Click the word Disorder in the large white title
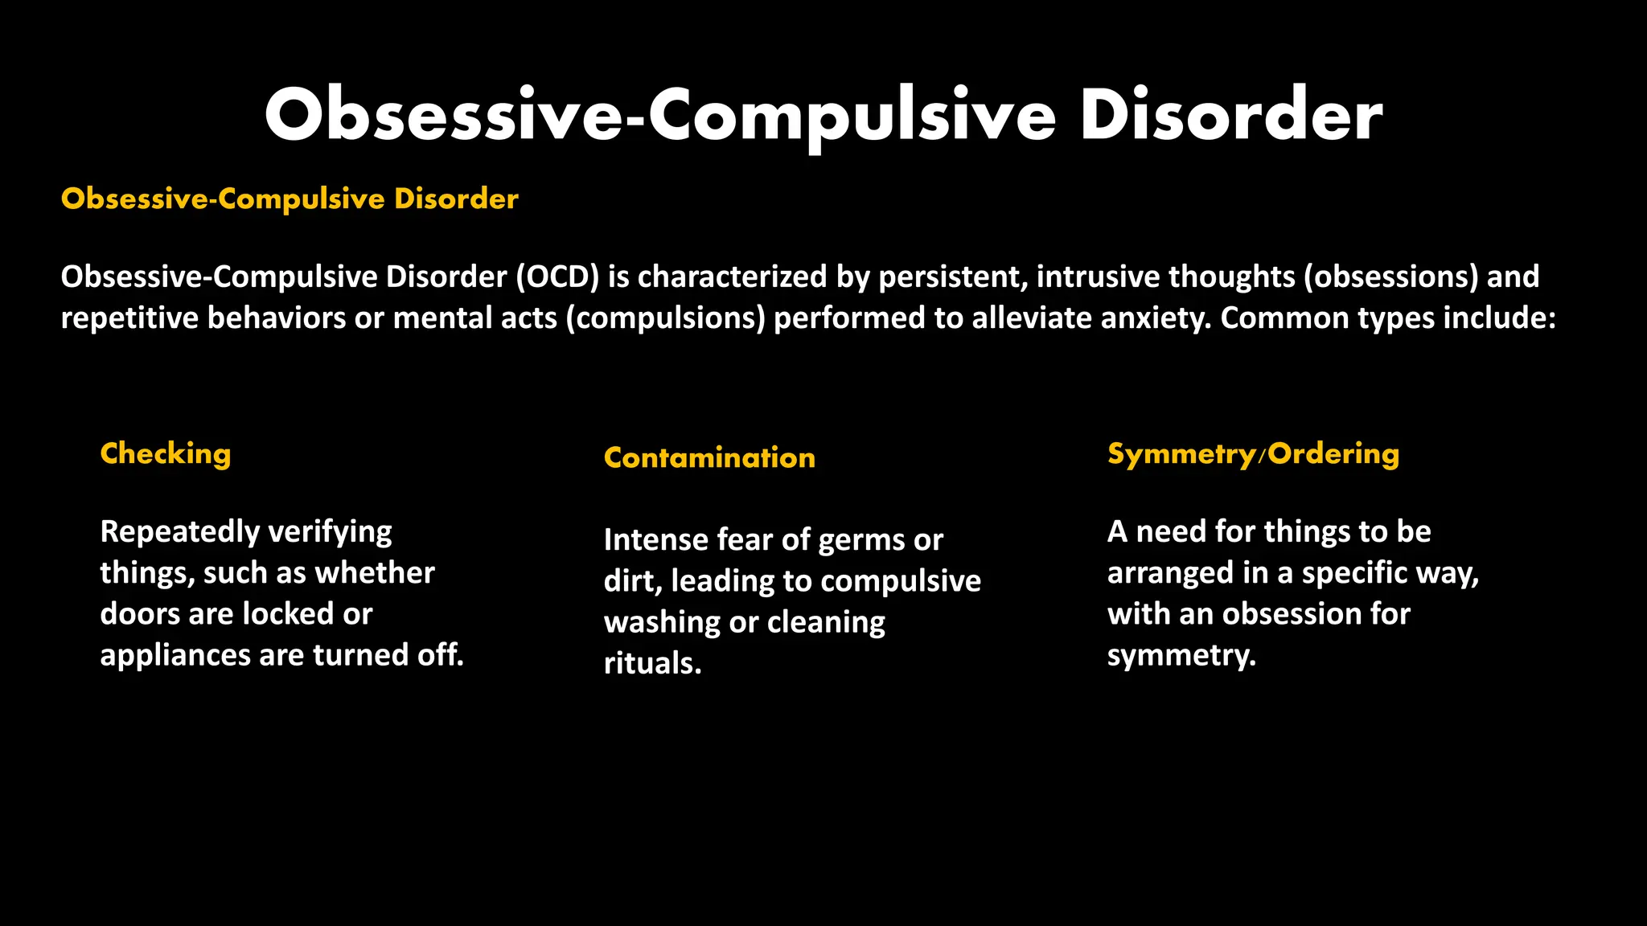click(1230, 117)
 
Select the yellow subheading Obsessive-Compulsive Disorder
click(290, 199)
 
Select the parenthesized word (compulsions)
click(665, 318)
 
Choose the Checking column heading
click(166, 454)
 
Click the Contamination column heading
click(709, 457)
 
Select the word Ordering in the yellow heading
click(1334, 454)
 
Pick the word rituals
click(652, 664)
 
